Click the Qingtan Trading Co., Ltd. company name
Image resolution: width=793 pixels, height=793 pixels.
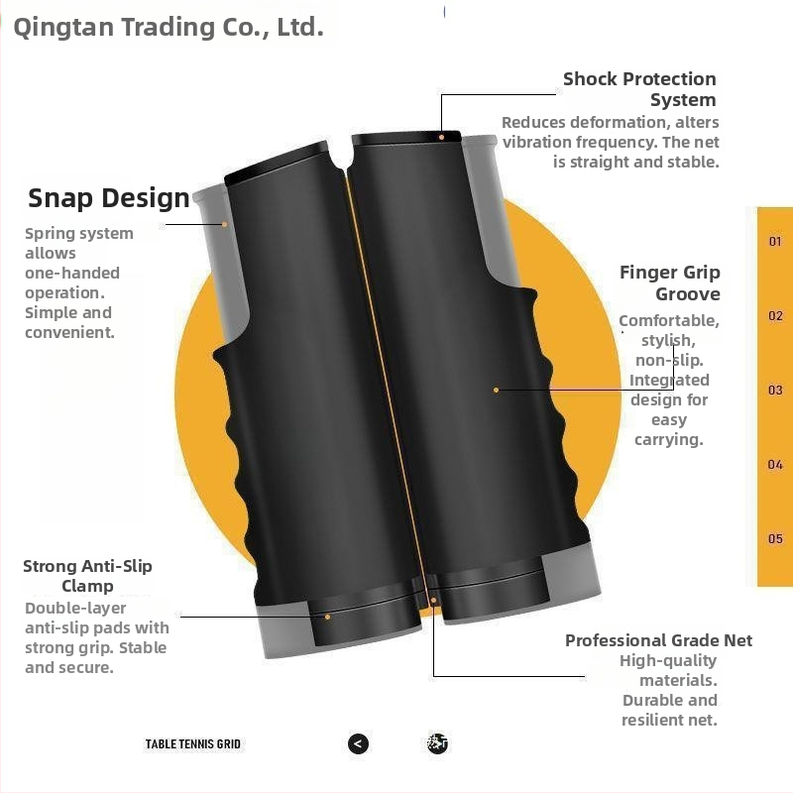tap(169, 28)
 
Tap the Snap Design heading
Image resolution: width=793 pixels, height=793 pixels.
tap(109, 198)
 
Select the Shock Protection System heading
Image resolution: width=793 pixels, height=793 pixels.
tap(639, 89)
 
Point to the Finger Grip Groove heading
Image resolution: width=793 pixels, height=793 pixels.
tap(670, 283)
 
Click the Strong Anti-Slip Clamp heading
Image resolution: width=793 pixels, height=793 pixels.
tap(87, 576)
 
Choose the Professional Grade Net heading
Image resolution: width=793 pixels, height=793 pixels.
tap(658, 640)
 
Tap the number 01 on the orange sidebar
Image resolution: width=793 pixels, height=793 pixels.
tap(775, 241)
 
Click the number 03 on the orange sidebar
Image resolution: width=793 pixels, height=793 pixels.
tap(775, 390)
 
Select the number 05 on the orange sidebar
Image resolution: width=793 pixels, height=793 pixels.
tap(775, 538)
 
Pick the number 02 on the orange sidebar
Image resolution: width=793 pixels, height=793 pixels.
tap(775, 316)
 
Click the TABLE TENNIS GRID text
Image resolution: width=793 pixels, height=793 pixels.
tap(192, 744)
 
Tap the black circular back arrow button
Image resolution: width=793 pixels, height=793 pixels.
tap(358, 743)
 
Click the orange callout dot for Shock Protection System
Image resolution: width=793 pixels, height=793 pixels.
tap(441, 137)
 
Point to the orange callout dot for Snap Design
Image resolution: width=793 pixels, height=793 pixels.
tap(225, 224)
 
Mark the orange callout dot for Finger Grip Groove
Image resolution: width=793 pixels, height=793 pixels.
tap(497, 390)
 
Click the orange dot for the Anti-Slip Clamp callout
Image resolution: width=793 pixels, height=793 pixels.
tap(328, 617)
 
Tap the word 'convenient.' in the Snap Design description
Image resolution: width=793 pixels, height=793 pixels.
tap(69, 333)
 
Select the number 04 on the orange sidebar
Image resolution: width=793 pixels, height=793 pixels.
tap(775, 464)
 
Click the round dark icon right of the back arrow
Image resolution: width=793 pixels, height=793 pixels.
tap(437, 743)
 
